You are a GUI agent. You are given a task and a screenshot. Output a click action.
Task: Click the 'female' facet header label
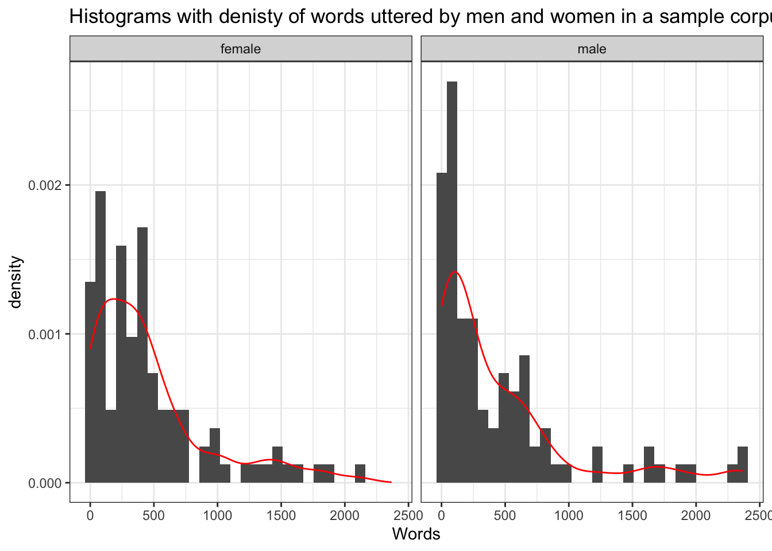(x=241, y=49)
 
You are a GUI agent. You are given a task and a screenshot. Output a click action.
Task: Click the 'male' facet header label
(x=592, y=49)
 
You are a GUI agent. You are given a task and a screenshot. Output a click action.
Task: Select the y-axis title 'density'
(x=16, y=282)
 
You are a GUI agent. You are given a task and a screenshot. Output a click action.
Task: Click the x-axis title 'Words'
(x=416, y=534)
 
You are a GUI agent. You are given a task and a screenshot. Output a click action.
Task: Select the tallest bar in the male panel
(x=452, y=281)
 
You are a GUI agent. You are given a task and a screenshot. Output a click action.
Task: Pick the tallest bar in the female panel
(x=101, y=336)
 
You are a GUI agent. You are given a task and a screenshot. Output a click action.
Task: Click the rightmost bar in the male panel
(x=743, y=465)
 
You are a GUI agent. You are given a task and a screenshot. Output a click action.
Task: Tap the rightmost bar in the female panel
(x=360, y=474)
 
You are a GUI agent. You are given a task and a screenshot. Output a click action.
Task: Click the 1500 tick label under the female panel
(x=281, y=515)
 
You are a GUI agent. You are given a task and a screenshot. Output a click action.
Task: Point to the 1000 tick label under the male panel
(x=569, y=515)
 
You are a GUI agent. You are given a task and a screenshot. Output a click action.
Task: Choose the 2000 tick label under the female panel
(x=345, y=515)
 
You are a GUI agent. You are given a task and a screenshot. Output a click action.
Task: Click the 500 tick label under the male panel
(x=505, y=515)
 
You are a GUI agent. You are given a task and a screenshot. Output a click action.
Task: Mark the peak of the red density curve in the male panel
(x=456, y=271)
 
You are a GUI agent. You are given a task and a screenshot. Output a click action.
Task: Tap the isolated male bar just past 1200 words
(x=597, y=465)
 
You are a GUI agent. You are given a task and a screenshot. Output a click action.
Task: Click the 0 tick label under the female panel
(x=90, y=515)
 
